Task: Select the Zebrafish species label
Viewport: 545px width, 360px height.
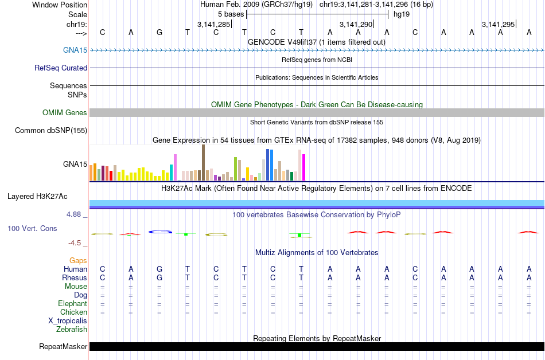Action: coord(72,329)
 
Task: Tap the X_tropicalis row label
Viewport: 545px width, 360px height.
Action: coord(68,320)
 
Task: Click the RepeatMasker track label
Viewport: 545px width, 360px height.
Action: coord(63,346)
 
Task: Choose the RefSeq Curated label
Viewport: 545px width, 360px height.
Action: coord(61,68)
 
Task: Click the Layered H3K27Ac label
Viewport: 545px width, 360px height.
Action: coord(37,196)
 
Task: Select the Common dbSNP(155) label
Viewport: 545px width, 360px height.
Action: coord(51,130)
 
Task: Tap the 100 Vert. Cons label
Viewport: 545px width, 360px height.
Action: coord(32,228)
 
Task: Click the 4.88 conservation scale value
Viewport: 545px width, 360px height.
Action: coord(75,214)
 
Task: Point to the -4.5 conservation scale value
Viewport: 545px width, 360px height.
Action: coord(77,242)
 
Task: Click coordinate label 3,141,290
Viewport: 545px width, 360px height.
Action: coord(356,24)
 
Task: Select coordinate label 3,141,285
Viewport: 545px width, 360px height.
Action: coord(213,24)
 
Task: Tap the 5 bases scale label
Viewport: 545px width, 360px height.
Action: coord(230,14)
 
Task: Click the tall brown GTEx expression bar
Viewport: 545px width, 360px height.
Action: coord(203,163)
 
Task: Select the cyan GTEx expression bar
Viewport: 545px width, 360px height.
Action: coord(171,173)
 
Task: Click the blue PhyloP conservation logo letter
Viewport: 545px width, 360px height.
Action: coord(161,232)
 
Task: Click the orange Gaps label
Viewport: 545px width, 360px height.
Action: coord(78,260)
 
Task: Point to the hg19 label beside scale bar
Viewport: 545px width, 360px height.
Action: coord(401,14)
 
